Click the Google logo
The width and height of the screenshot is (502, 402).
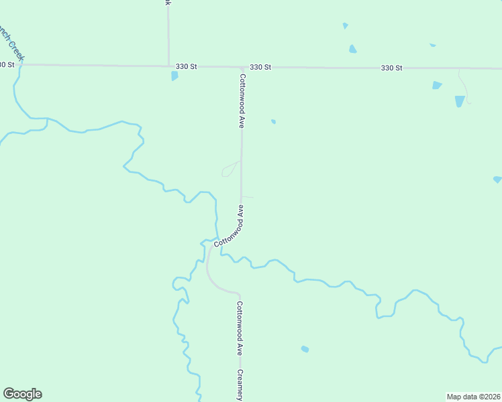click(22, 394)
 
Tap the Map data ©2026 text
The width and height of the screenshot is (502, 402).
click(473, 397)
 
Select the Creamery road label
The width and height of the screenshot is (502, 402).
click(240, 385)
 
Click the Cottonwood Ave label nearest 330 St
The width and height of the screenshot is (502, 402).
click(242, 100)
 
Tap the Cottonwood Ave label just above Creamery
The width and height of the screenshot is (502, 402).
click(240, 328)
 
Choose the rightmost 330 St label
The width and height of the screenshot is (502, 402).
click(391, 68)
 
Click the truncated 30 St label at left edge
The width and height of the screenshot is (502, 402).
click(7, 64)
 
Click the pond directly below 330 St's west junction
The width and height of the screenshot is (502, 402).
click(174, 76)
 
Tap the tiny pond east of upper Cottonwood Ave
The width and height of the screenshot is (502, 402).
click(273, 121)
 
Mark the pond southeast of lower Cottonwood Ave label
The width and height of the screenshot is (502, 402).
click(305, 349)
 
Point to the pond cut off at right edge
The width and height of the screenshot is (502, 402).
click(497, 180)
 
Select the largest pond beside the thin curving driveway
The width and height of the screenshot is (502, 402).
click(460, 101)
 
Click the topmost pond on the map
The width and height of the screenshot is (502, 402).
click(345, 25)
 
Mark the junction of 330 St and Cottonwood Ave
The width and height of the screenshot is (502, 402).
click(241, 68)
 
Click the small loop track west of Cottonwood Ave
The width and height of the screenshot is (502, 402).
click(230, 169)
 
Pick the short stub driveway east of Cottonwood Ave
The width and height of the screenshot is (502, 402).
click(248, 197)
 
